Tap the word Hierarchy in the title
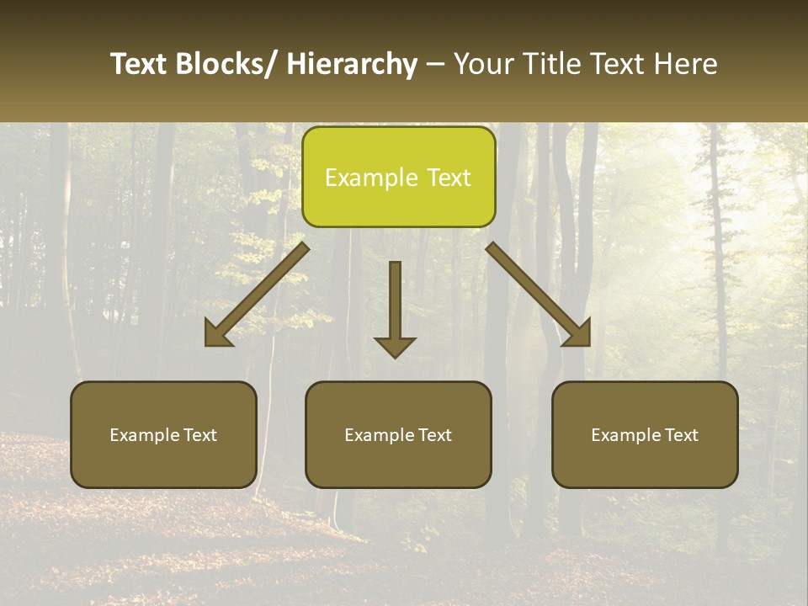352,64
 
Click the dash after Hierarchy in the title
435,65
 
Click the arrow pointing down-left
257,295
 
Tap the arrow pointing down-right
539,295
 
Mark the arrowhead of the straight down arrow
395,346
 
